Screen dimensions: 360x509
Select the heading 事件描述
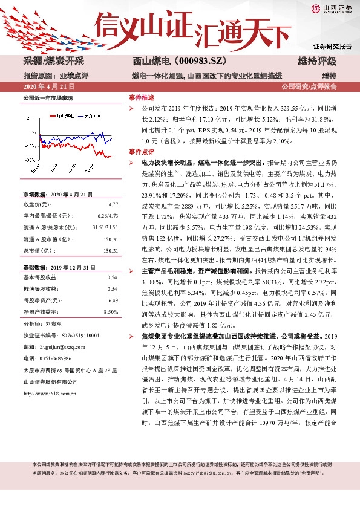(x=142, y=97)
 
